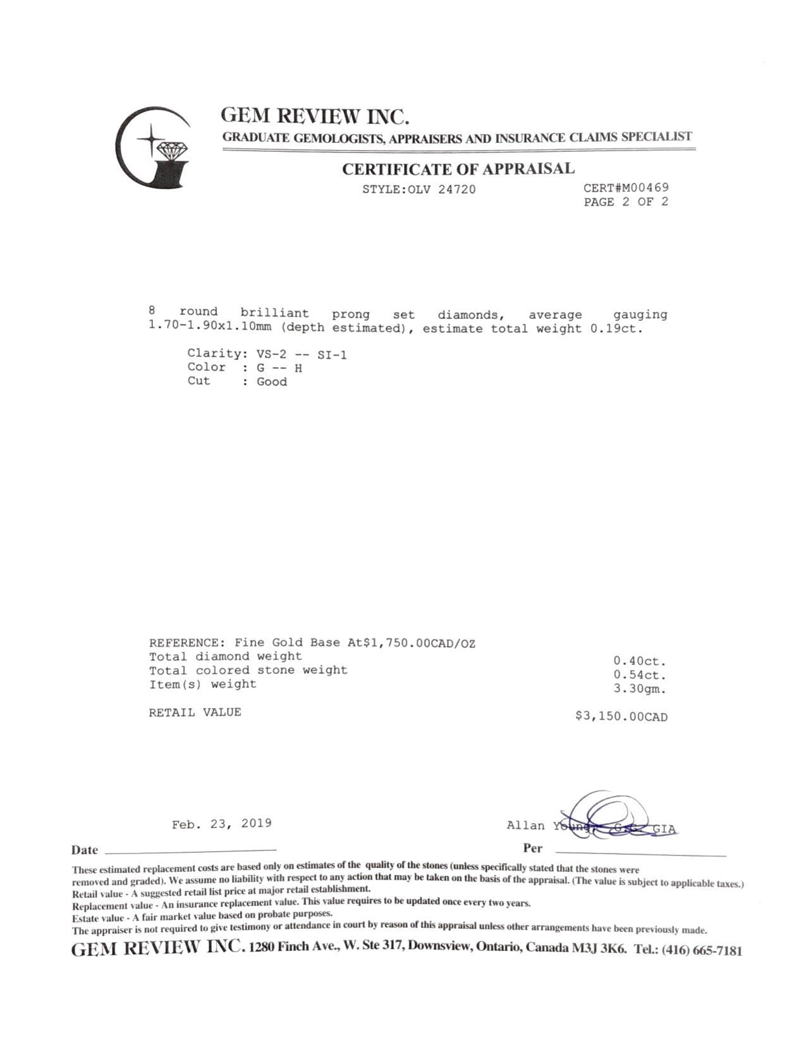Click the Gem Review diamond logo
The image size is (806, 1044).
click(x=154, y=147)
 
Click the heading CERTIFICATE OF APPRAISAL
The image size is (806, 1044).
click(x=458, y=169)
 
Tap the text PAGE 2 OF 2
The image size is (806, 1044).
click(x=626, y=202)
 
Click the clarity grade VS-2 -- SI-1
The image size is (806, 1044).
click(x=302, y=354)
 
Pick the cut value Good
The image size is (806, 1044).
click(x=272, y=382)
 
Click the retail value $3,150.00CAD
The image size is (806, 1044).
click(x=621, y=717)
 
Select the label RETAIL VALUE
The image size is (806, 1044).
click(x=195, y=712)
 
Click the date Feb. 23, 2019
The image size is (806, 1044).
click(x=221, y=823)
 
